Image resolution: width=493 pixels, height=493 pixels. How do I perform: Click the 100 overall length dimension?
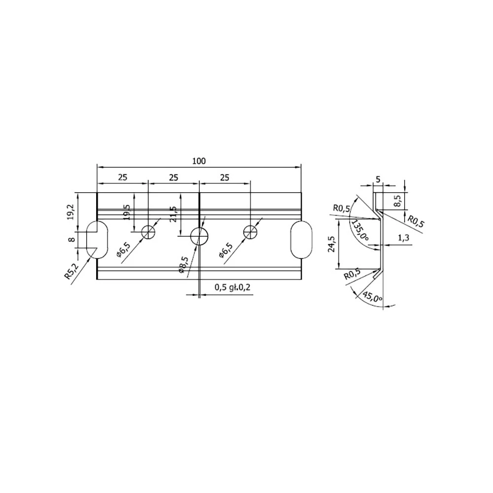(x=199, y=161)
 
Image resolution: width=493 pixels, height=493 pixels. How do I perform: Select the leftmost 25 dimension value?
(x=123, y=177)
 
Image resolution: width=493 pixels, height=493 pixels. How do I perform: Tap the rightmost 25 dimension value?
(x=224, y=177)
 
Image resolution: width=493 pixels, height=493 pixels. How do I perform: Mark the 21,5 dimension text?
(x=173, y=214)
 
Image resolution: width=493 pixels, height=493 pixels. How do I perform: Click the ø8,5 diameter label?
(x=183, y=265)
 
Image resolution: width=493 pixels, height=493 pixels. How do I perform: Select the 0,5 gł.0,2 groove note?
(x=233, y=287)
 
